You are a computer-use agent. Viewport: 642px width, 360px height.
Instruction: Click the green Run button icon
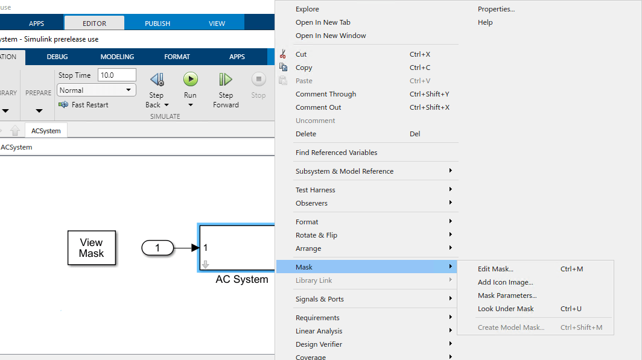191,80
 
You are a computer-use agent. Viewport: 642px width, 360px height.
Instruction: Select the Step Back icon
157,80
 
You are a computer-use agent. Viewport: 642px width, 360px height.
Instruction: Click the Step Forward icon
225,80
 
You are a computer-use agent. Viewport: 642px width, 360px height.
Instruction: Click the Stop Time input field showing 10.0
116,75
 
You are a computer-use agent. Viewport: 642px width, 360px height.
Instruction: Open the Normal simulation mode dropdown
96,90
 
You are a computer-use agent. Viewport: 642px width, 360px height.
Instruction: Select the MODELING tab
117,57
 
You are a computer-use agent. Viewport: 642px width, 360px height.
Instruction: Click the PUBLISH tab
157,24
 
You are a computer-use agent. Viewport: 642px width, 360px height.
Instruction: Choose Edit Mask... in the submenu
495,269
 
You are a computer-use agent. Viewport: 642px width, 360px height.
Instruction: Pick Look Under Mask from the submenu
506,309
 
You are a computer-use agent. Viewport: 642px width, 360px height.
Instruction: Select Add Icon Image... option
505,282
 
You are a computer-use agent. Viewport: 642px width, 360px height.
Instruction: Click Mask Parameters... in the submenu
507,295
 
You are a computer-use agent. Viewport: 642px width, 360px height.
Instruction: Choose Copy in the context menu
304,68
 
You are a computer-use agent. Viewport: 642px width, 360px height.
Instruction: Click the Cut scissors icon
282,54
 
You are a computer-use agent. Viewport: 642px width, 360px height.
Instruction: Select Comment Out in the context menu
318,107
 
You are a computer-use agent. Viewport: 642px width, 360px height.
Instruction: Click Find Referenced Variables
336,152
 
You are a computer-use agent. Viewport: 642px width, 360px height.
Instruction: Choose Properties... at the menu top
496,9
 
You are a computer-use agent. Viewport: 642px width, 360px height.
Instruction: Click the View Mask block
92,248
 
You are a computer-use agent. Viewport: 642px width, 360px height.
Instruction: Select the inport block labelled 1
157,247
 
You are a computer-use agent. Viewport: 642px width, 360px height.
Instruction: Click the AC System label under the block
242,279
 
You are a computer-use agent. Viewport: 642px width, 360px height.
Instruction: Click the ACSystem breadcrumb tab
46,131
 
